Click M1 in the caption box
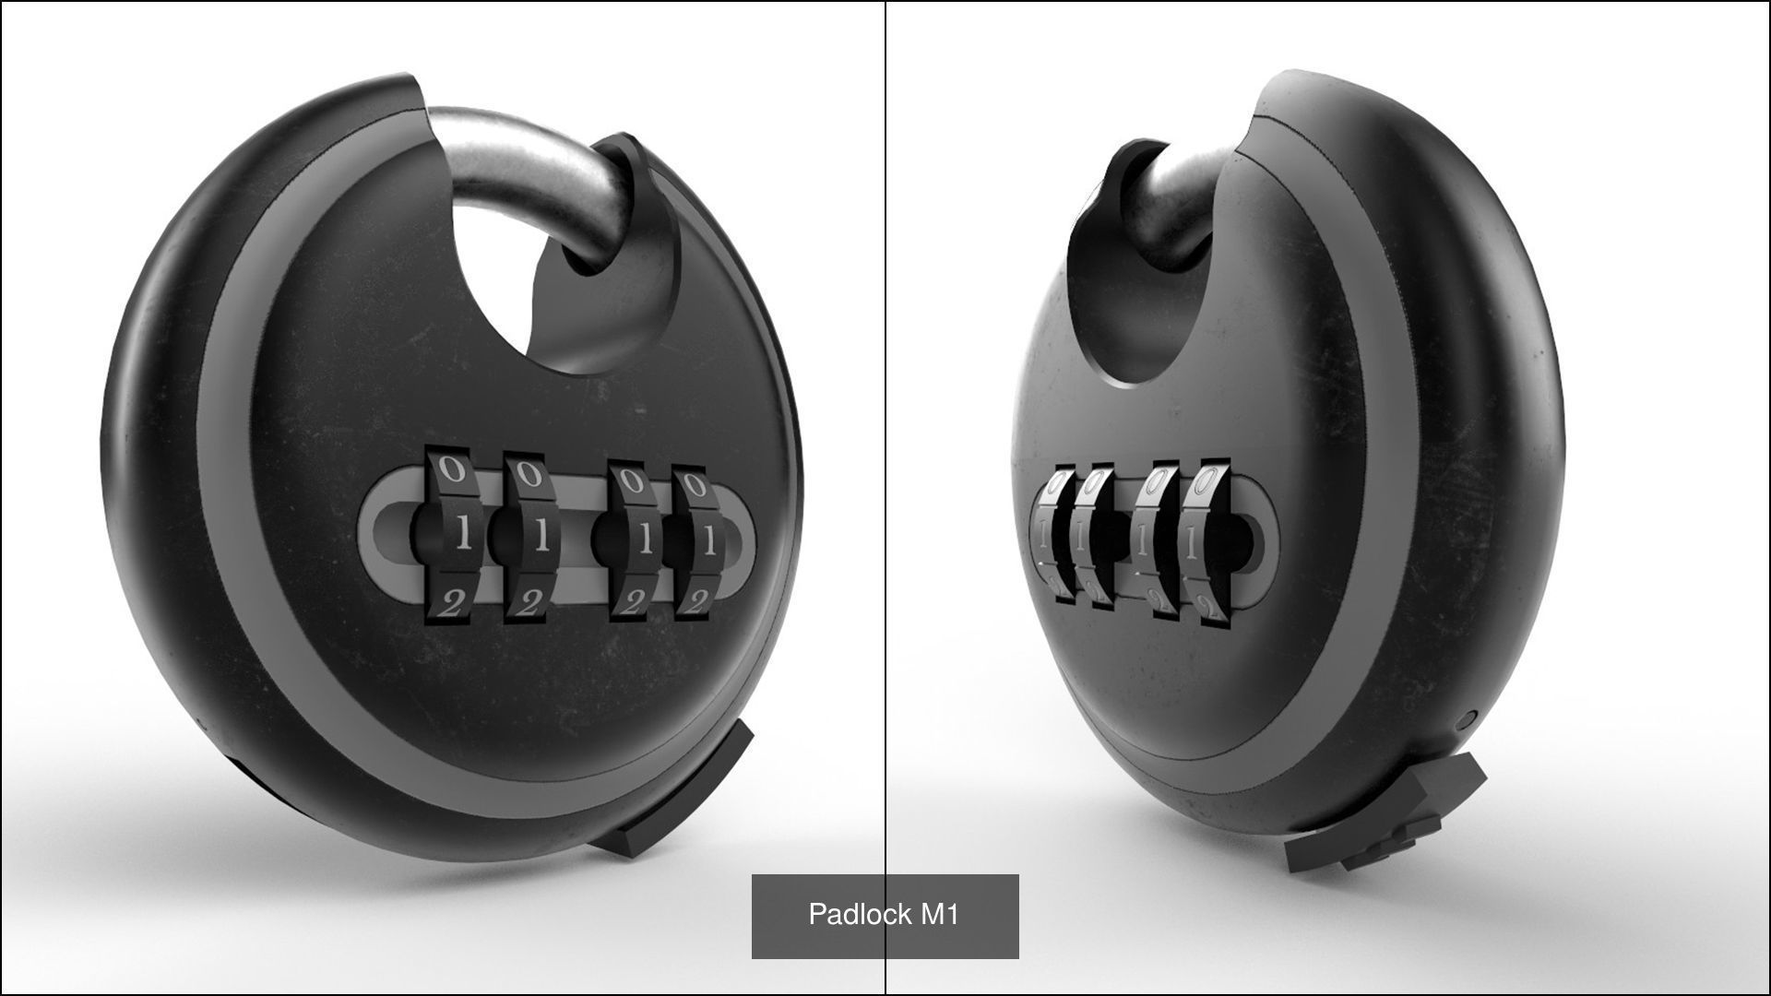click(x=939, y=914)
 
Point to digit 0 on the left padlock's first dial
click(x=451, y=468)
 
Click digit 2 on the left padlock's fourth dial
click(x=698, y=599)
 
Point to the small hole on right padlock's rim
click(x=1470, y=715)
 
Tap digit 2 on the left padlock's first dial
click(x=451, y=602)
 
